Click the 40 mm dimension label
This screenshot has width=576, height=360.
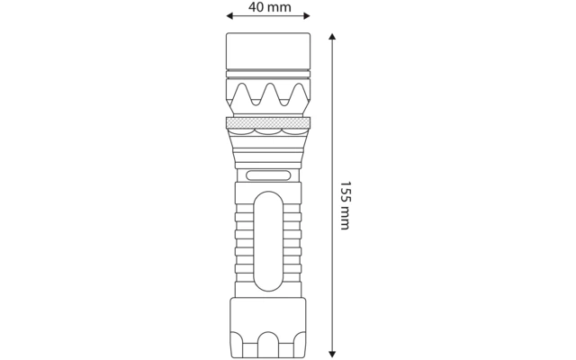(x=270, y=7)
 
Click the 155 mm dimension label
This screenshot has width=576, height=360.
(x=345, y=205)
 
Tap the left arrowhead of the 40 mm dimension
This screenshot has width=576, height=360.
(x=229, y=16)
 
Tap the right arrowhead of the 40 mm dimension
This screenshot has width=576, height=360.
(x=307, y=16)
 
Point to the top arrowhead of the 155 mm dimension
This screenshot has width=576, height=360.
(x=332, y=36)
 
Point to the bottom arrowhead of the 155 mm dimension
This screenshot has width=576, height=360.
(x=332, y=355)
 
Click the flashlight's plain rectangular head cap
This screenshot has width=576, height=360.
(x=268, y=50)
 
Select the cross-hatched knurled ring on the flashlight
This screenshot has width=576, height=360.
(x=268, y=123)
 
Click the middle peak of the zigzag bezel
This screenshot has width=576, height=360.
(x=270, y=85)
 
